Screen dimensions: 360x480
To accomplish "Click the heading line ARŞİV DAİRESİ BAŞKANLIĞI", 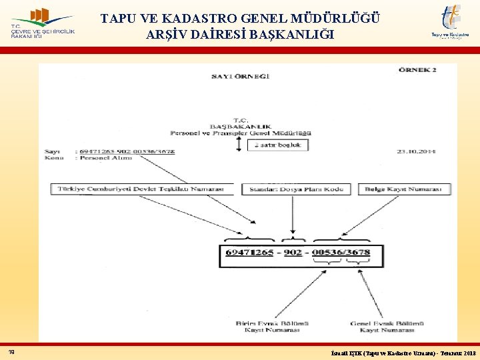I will [240, 35].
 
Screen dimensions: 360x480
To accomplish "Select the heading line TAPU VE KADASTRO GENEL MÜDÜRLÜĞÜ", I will [241, 18].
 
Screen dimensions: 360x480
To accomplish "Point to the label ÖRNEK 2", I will [418, 69].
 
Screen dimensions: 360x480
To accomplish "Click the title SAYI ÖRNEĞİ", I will [241, 77].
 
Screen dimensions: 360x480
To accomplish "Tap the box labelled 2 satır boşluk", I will [278, 145].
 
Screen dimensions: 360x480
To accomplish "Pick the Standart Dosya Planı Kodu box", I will [295, 189].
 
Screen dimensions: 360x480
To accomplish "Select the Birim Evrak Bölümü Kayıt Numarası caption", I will [267, 327].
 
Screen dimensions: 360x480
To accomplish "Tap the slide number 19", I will [12, 351].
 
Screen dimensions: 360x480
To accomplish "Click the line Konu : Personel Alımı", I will [104, 158].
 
